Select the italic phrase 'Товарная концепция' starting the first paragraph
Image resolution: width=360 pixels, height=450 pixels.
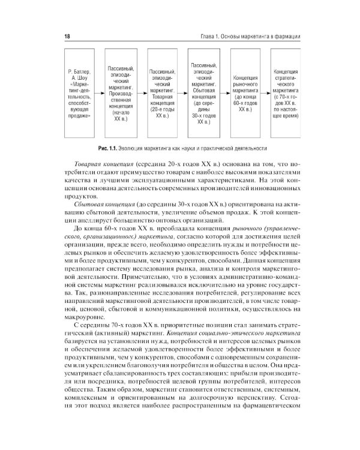[101, 164]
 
